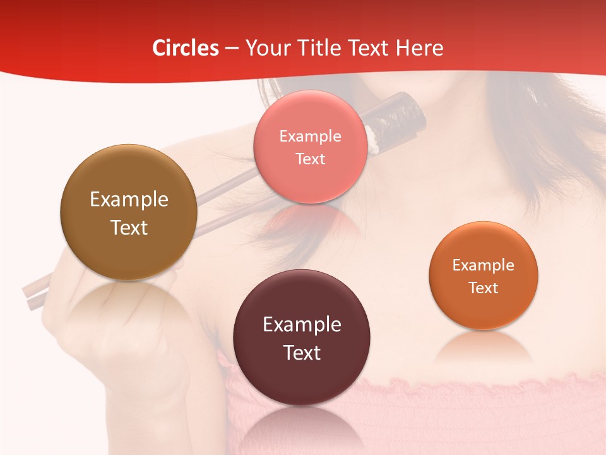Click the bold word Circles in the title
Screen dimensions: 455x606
(186, 48)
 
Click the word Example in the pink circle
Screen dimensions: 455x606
(310, 136)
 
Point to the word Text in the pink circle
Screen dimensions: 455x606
(310, 159)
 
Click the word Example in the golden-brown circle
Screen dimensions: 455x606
(129, 200)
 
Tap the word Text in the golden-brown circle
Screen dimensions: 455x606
(129, 227)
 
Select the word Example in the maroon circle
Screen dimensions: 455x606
(302, 325)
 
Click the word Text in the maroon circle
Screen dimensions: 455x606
(302, 353)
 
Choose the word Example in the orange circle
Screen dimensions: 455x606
(484, 265)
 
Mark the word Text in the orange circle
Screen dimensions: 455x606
(484, 288)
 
